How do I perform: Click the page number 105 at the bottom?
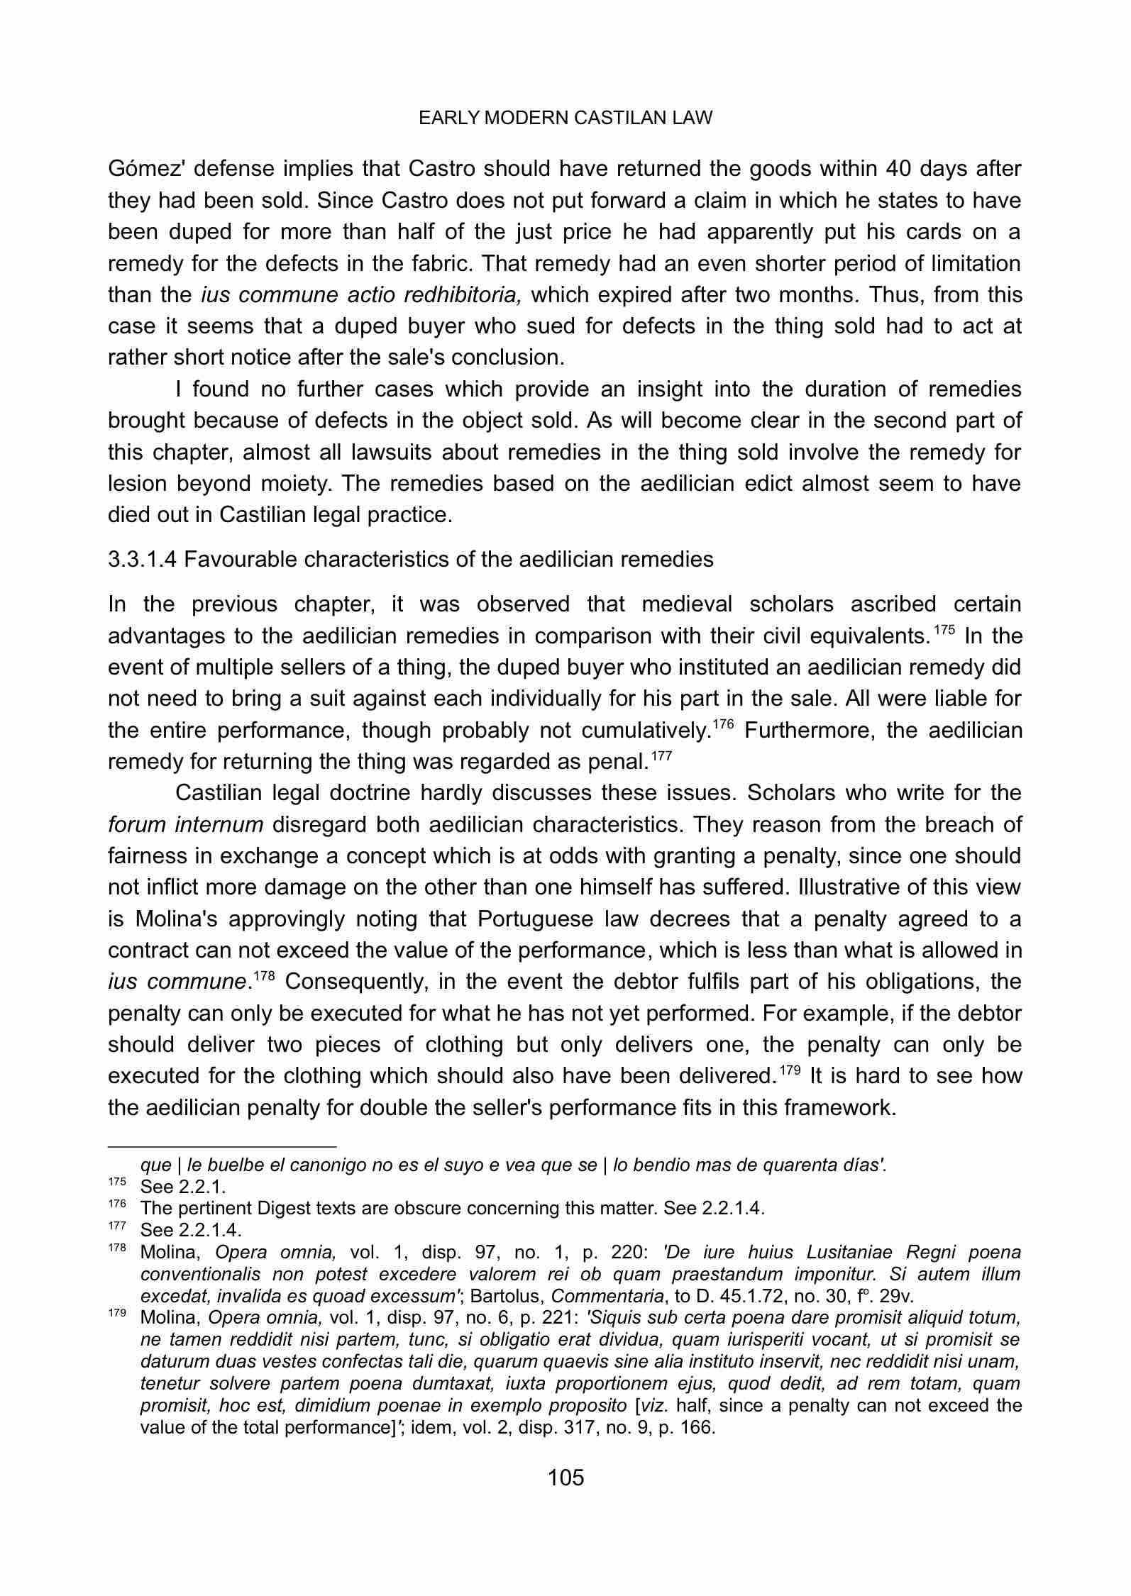coord(565,1478)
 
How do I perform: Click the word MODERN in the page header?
coord(526,118)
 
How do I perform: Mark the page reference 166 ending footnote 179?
coord(698,1427)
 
